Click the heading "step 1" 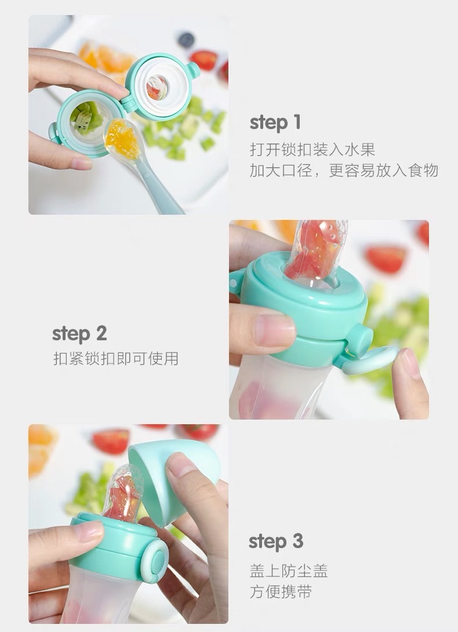tap(275, 123)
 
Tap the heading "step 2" tap(79, 334)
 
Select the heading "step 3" tap(276, 542)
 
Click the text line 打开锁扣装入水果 tap(312, 150)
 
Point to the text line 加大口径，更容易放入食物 tap(344, 171)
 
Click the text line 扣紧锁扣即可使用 tap(116, 359)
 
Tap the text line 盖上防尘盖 tap(289, 571)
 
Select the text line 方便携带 tap(281, 592)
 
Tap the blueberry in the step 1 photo tap(186, 40)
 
